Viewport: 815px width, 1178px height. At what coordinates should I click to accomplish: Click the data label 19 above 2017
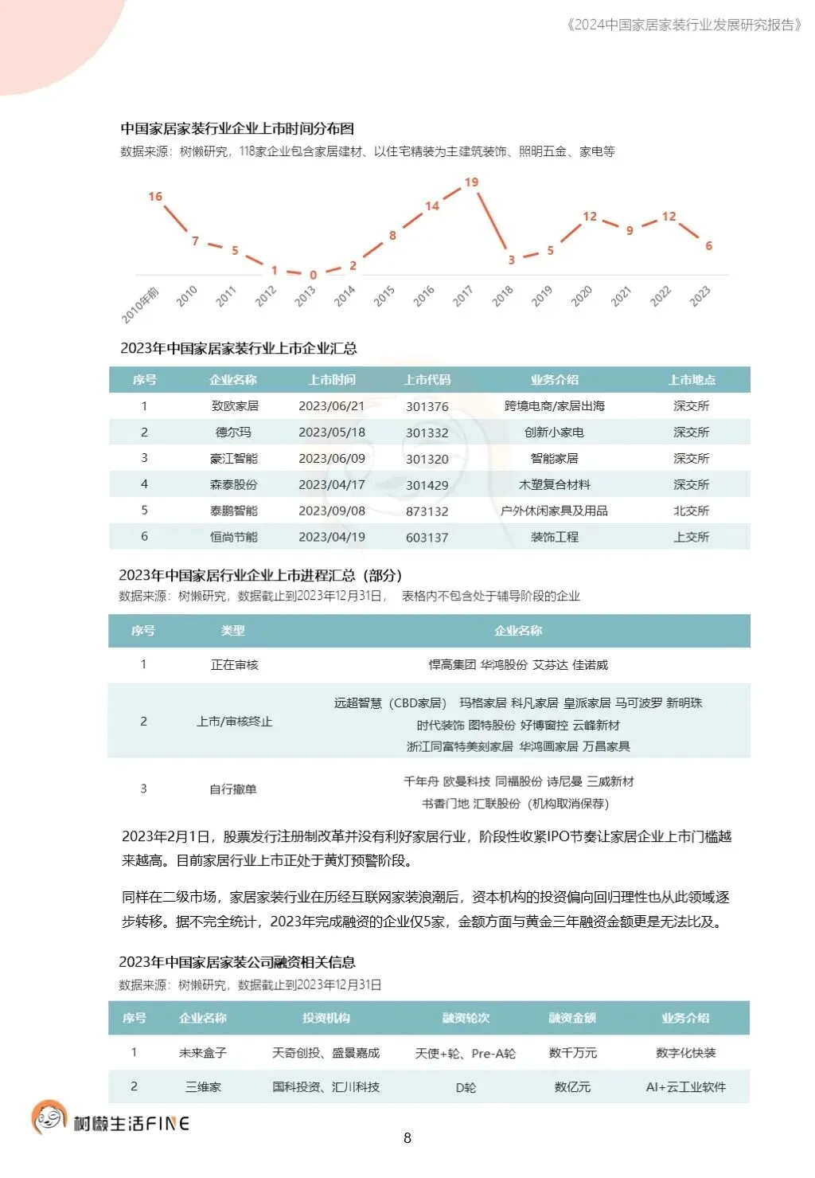click(x=471, y=182)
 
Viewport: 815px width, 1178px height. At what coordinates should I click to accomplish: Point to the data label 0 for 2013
click(x=313, y=275)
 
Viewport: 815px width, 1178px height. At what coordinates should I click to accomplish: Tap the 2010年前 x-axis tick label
click(x=141, y=305)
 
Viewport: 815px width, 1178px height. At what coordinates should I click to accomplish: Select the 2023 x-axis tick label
click(x=700, y=296)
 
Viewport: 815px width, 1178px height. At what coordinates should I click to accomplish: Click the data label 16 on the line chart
click(x=155, y=197)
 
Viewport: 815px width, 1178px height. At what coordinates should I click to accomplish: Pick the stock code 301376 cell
click(x=427, y=406)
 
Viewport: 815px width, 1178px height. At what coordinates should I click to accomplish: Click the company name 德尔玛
click(x=233, y=432)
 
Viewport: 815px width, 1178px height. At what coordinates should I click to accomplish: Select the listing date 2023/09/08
click(x=332, y=511)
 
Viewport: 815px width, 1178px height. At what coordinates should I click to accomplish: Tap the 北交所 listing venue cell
click(x=691, y=511)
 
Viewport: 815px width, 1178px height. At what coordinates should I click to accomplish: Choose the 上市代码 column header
click(x=427, y=380)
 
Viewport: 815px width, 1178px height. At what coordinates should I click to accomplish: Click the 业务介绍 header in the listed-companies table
click(x=555, y=380)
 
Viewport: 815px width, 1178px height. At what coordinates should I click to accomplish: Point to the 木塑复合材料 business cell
click(x=555, y=484)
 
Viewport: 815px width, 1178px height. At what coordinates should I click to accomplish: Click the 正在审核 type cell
click(x=234, y=665)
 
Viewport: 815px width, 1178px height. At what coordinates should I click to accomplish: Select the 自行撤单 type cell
click(x=233, y=789)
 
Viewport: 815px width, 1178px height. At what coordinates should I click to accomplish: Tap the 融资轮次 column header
click(x=466, y=1018)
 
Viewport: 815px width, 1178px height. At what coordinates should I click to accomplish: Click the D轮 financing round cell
click(x=466, y=1087)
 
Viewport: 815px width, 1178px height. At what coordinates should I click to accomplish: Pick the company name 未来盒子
click(x=203, y=1053)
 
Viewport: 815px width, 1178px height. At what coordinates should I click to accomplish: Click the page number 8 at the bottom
click(x=407, y=1138)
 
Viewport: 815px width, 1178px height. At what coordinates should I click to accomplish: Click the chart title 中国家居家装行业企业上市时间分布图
click(x=237, y=129)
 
